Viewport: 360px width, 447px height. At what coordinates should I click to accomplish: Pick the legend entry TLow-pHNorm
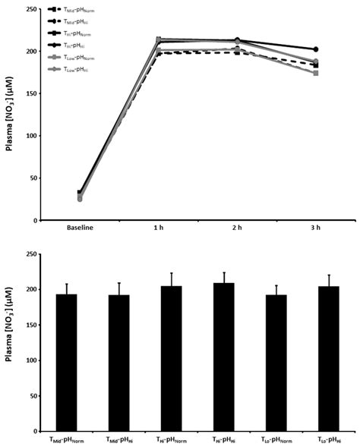click(x=76, y=54)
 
